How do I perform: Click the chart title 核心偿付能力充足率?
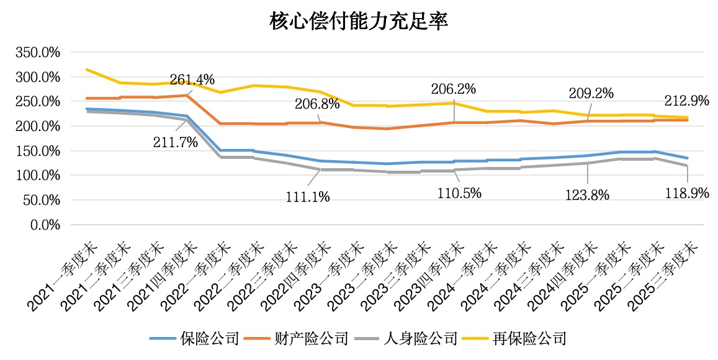[359, 22]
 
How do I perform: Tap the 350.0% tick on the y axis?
[38, 53]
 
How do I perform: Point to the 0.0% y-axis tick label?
[45, 225]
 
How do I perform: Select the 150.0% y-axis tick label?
[38, 151]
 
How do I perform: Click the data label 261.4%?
[193, 79]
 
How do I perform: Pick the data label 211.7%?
[176, 142]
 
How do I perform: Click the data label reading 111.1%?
[308, 197]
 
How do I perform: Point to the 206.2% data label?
[454, 89]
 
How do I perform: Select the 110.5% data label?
[460, 193]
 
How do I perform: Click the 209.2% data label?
[591, 94]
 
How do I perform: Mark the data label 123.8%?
[587, 195]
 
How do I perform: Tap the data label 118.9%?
[687, 193]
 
